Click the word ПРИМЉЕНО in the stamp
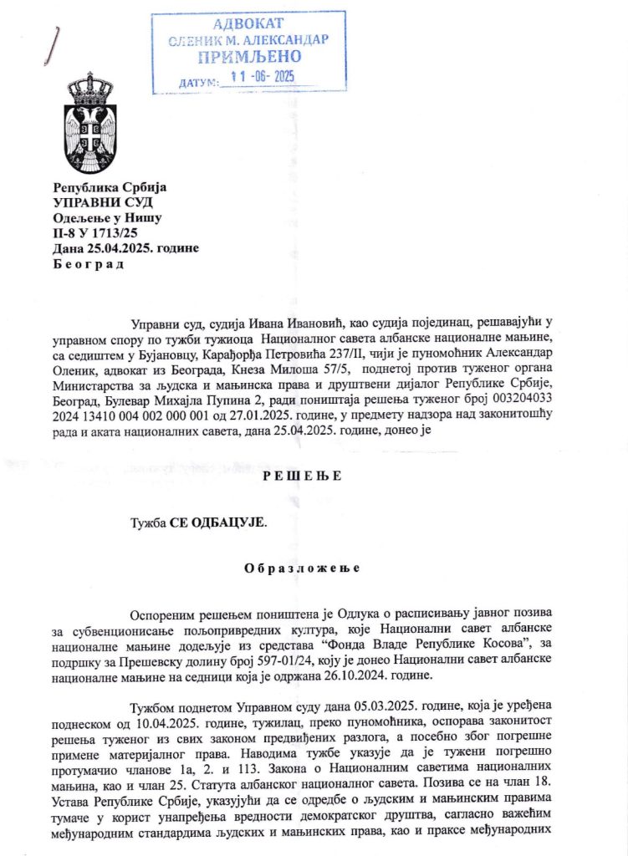point(248,58)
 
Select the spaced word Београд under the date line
point(88,265)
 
